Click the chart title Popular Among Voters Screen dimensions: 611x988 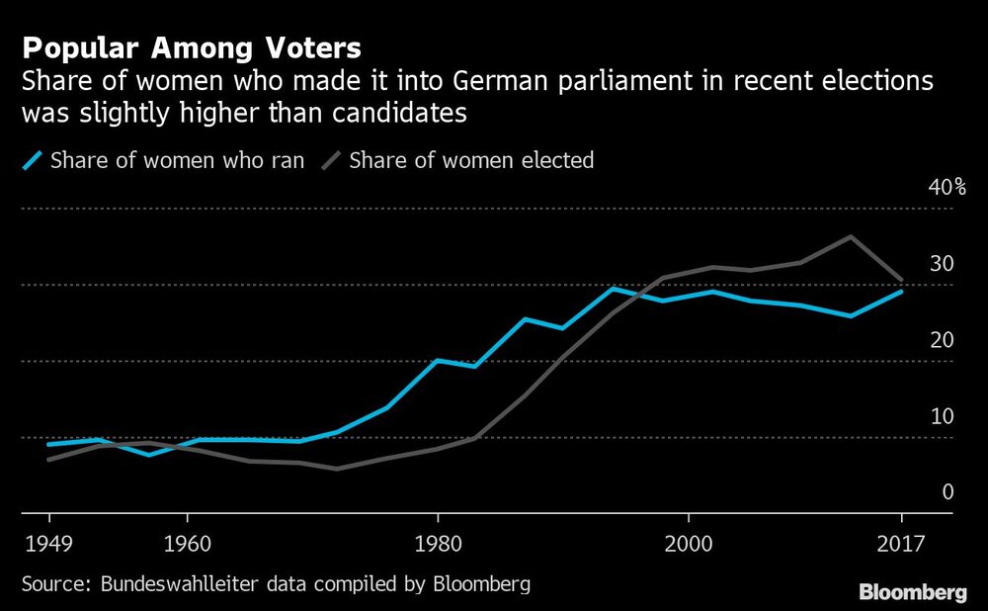(192, 47)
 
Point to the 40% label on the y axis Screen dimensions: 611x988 (947, 188)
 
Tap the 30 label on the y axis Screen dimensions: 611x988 (942, 264)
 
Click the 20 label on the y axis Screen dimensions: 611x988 (942, 340)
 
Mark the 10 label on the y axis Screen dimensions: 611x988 (942, 416)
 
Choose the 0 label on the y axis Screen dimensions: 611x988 (947, 492)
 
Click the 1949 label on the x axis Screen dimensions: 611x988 (49, 543)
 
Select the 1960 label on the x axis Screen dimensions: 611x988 (186, 543)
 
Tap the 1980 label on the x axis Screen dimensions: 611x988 (438, 543)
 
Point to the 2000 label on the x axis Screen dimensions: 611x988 (688, 543)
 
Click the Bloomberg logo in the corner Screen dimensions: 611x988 (912, 592)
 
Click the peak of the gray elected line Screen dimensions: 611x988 (851, 236)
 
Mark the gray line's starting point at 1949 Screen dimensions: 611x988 (48, 460)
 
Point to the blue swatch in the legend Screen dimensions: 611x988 (33, 160)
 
